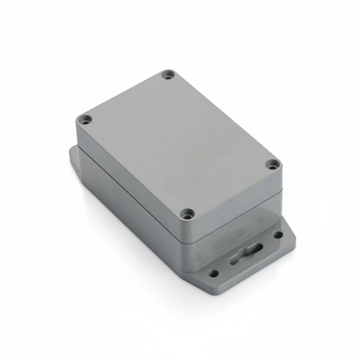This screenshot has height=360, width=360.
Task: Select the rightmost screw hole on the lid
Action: pos(272,164)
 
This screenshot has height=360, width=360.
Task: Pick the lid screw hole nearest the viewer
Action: pos(186,213)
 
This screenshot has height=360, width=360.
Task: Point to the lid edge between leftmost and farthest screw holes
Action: pos(123,93)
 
